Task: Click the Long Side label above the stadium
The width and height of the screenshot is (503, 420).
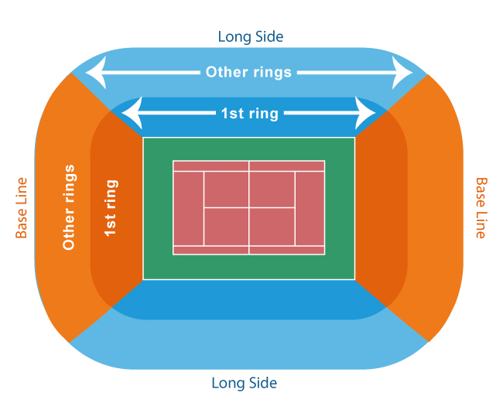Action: click(x=251, y=37)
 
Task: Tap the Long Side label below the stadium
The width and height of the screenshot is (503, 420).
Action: click(x=244, y=383)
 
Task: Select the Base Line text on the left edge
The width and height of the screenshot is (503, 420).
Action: click(x=22, y=208)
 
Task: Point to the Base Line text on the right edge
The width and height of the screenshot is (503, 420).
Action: click(x=481, y=208)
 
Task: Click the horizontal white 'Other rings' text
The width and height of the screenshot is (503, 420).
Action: click(x=248, y=72)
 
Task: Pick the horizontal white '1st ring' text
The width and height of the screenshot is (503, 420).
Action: click(x=250, y=114)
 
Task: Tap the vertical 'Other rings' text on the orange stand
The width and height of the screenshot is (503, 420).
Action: click(x=69, y=207)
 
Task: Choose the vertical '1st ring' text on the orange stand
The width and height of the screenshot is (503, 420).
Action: click(x=111, y=208)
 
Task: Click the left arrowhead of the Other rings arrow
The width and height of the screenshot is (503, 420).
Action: click(x=96, y=73)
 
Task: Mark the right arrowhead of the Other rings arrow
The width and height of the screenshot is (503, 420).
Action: click(x=402, y=73)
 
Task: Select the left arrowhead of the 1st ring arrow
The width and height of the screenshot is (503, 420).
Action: click(x=132, y=113)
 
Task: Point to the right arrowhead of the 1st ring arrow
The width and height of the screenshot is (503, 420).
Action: click(x=365, y=113)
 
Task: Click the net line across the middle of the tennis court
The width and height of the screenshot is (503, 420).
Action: click(x=248, y=208)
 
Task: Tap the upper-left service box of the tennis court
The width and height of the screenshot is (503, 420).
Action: click(x=226, y=190)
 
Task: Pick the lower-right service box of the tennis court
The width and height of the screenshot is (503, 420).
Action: click(x=272, y=227)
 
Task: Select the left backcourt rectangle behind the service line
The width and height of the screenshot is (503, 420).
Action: click(x=188, y=208)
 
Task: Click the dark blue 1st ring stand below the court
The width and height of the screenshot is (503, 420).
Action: click(x=248, y=300)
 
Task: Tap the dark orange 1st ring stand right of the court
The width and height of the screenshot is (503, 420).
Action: click(x=380, y=208)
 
